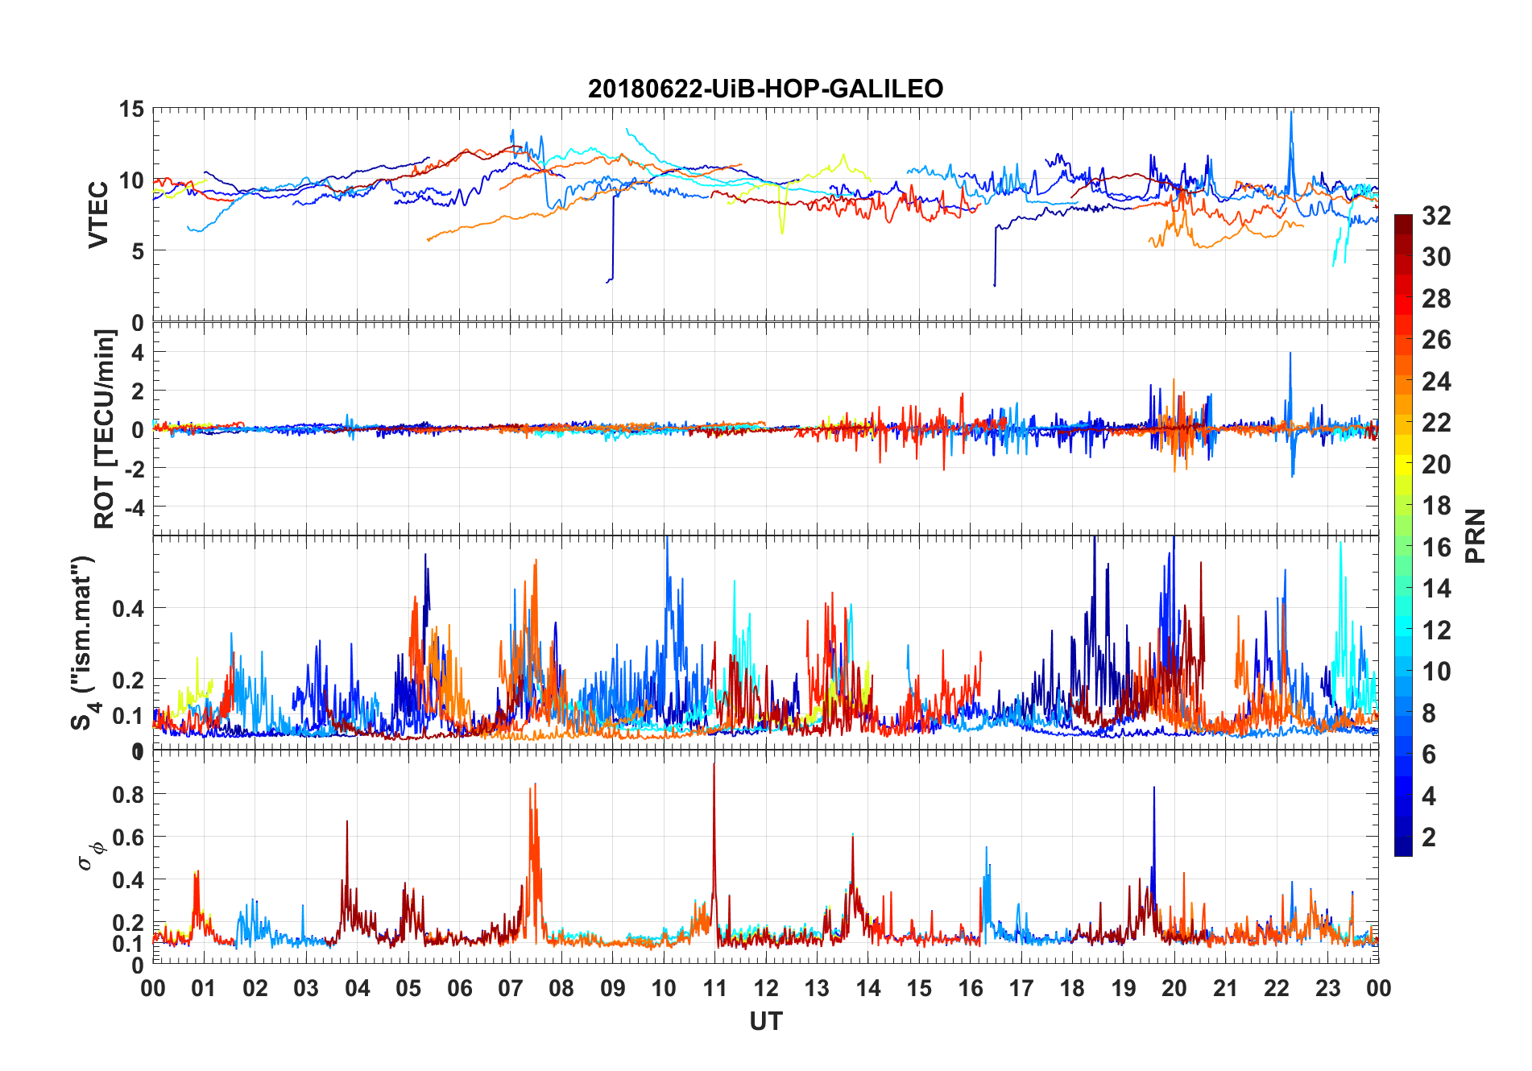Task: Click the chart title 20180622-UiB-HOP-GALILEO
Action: (765, 88)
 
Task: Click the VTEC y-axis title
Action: (98, 214)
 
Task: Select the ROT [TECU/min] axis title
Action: (105, 428)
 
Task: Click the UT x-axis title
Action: (765, 1022)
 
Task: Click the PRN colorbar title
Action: (1475, 535)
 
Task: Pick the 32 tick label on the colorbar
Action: (1436, 216)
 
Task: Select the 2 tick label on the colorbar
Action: (1429, 837)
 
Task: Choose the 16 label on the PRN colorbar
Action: (1436, 548)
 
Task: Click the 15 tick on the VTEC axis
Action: (131, 109)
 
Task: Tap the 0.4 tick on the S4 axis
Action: (129, 608)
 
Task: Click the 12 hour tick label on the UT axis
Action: (765, 988)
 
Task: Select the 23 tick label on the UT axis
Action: (1327, 988)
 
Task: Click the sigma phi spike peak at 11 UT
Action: (714, 763)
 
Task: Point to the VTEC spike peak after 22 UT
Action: (1291, 113)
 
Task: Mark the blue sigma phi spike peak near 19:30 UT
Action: (1153, 788)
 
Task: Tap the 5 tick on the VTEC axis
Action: (137, 251)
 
